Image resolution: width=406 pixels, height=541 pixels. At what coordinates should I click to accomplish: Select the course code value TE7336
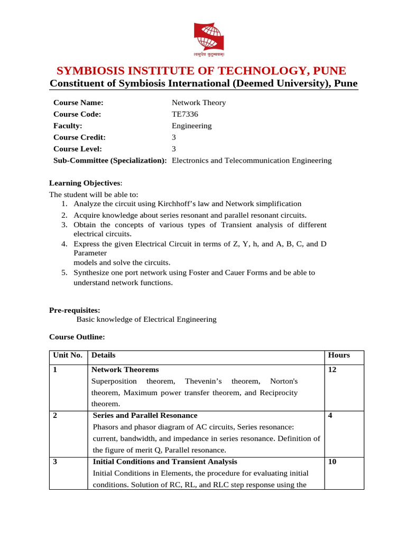[185, 114]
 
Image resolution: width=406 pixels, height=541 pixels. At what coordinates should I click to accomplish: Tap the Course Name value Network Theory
[199, 102]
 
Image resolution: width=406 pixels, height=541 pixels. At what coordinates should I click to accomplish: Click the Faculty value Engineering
[191, 126]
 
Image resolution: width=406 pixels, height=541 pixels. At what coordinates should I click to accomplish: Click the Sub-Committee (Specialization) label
[110, 161]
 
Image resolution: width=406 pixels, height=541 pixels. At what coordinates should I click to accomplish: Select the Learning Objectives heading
[85, 183]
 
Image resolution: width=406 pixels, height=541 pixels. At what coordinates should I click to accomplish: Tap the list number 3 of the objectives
[63, 225]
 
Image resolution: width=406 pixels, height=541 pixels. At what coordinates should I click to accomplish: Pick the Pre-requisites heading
[75, 311]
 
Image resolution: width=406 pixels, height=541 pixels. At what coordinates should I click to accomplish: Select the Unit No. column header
[68, 356]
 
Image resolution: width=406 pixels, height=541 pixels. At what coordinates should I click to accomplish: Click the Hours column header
[339, 356]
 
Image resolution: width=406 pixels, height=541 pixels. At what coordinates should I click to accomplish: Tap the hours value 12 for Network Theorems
[332, 370]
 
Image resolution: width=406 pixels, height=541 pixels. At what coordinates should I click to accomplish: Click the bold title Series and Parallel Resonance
[145, 416]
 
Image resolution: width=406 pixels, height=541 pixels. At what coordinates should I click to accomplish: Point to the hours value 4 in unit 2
[330, 416]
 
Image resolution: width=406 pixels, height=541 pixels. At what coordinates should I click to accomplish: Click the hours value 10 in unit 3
[332, 462]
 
